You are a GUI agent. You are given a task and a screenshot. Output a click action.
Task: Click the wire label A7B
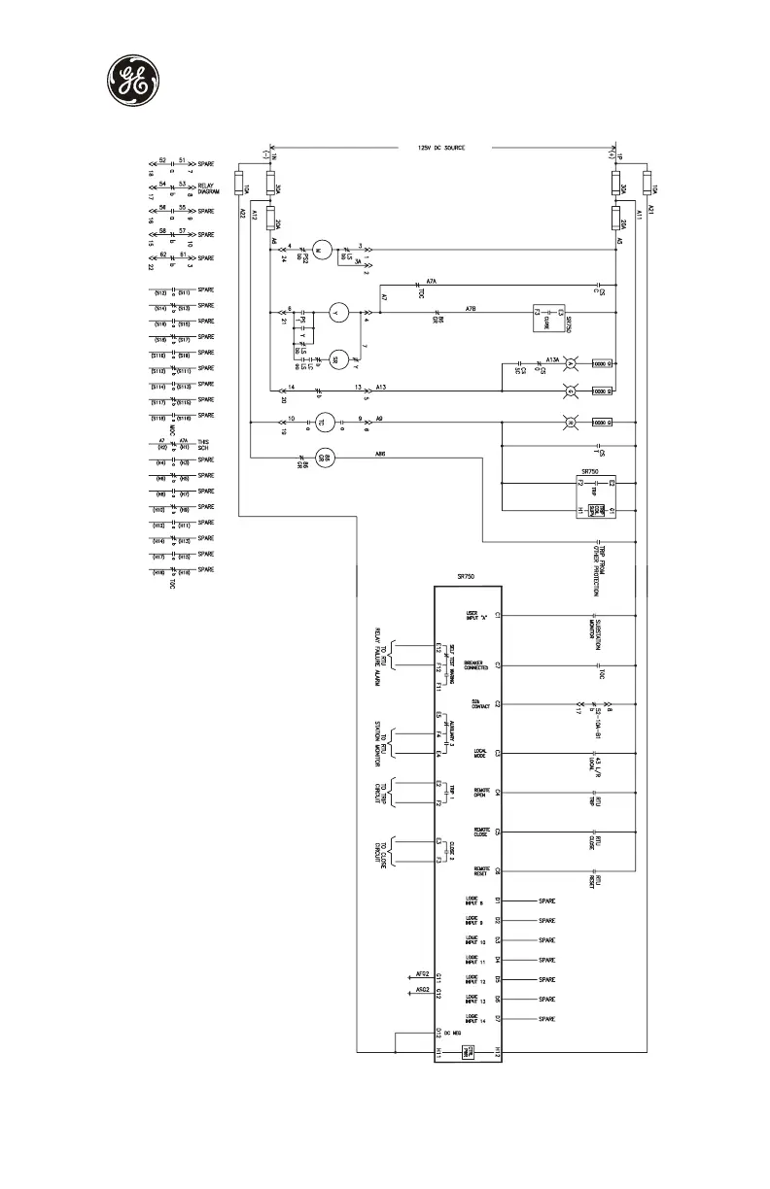[470, 307]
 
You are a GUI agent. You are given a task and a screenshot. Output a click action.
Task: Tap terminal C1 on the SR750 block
[497, 615]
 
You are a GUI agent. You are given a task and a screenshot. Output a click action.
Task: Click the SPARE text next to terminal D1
[546, 900]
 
